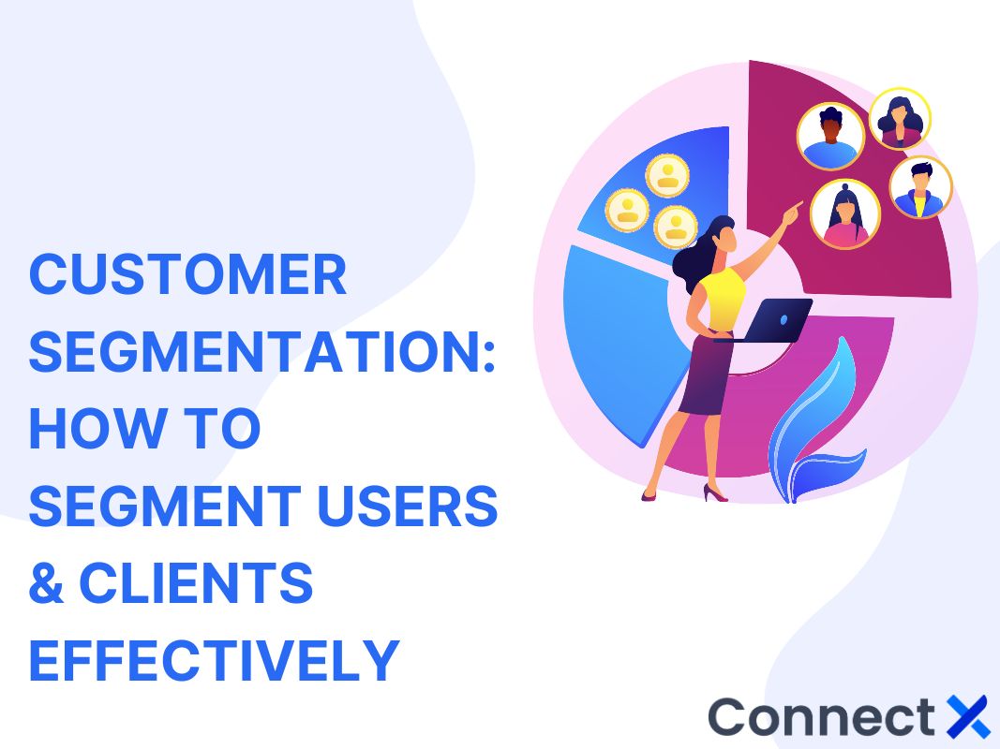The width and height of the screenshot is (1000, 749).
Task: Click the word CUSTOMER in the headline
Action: pyautogui.click(x=187, y=276)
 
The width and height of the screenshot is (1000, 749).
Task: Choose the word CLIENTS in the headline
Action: pyautogui.click(x=196, y=583)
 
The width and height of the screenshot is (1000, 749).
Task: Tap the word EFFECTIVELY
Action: pyautogui.click(x=215, y=660)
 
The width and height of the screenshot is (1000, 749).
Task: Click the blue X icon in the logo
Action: pyautogui.click(x=967, y=716)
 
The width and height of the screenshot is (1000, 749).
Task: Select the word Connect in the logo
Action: pyautogui.click(x=821, y=717)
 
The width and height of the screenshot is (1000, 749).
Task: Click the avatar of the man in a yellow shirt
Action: pyautogui.click(x=919, y=187)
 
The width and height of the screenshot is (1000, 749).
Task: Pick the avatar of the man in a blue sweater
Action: pyautogui.click(x=829, y=137)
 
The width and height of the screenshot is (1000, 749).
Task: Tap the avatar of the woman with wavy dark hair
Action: pyautogui.click(x=899, y=119)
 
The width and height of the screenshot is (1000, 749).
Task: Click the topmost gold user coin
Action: pyautogui.click(x=667, y=175)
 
